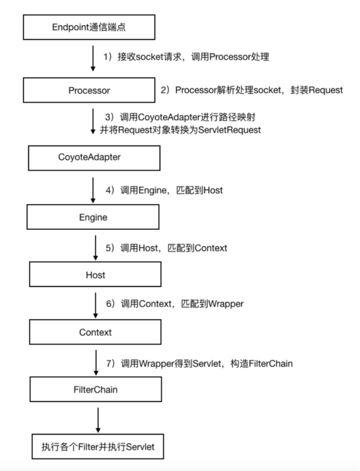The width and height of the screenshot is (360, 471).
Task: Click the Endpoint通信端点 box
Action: click(89, 26)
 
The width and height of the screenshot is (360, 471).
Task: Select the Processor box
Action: click(89, 90)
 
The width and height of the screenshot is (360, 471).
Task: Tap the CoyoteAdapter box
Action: click(89, 157)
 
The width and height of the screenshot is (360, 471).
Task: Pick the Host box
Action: click(95, 275)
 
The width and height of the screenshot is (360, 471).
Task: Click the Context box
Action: click(95, 332)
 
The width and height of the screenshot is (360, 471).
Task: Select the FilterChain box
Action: click(95, 390)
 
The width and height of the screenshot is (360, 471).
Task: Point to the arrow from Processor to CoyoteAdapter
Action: click(92, 123)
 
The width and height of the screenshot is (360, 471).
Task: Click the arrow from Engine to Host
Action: click(94, 247)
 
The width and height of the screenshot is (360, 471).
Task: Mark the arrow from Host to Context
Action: click(94, 304)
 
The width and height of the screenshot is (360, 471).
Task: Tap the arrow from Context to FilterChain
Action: click(94, 361)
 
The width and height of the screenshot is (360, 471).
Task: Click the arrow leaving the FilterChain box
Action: click(98, 419)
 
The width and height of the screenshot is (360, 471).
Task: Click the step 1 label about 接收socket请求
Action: click(186, 57)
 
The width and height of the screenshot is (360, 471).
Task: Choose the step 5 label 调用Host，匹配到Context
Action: click(166, 247)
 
